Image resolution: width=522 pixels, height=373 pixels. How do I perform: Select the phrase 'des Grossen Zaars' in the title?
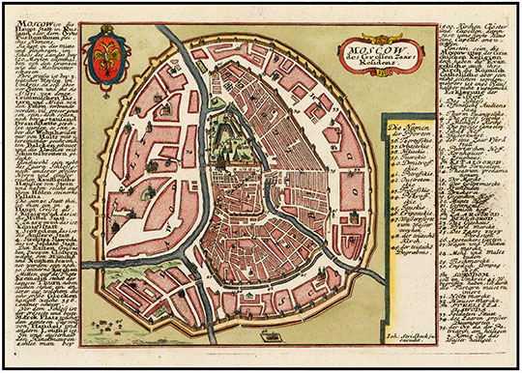(361, 57)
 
